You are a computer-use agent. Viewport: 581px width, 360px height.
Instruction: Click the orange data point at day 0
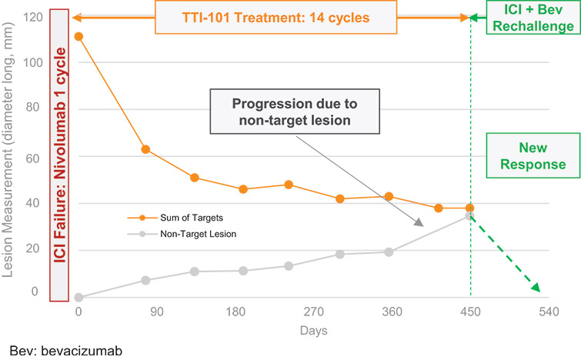pyautogui.click(x=78, y=36)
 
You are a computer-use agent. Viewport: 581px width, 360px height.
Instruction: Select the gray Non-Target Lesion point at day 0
pyautogui.click(x=78, y=297)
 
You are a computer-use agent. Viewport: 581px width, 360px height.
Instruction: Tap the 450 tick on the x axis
pyautogui.click(x=470, y=312)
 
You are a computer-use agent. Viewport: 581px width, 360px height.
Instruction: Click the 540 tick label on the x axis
pyautogui.click(x=548, y=312)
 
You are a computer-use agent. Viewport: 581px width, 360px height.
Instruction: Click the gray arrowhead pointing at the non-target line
pyautogui.click(x=420, y=223)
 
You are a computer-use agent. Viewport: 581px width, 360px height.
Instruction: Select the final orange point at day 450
pyautogui.click(x=470, y=208)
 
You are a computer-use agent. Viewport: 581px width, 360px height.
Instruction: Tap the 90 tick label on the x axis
pyautogui.click(x=157, y=312)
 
